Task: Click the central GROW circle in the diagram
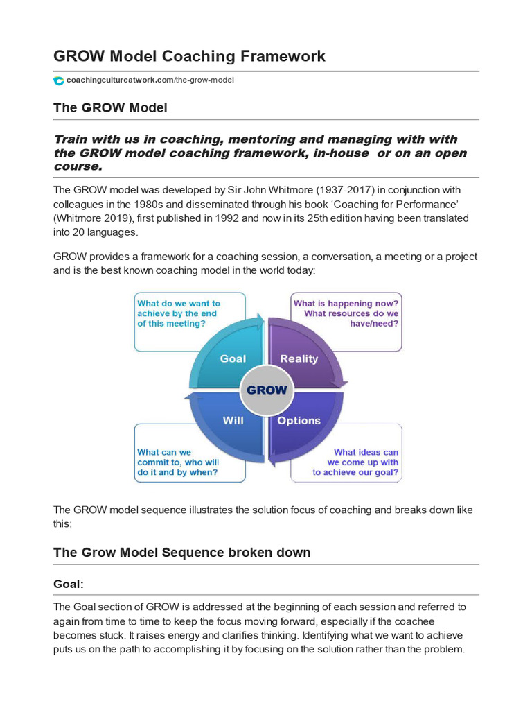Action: (x=266, y=390)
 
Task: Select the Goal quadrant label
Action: (x=233, y=358)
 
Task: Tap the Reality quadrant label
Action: (x=299, y=358)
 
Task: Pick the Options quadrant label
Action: (x=299, y=420)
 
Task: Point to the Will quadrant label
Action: (x=233, y=420)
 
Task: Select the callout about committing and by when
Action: (x=179, y=462)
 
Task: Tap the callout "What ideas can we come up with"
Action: (x=355, y=462)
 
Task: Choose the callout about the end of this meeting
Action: (x=179, y=313)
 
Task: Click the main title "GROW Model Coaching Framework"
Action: (x=189, y=56)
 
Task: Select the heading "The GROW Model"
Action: (x=110, y=108)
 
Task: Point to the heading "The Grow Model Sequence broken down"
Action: (x=181, y=553)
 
